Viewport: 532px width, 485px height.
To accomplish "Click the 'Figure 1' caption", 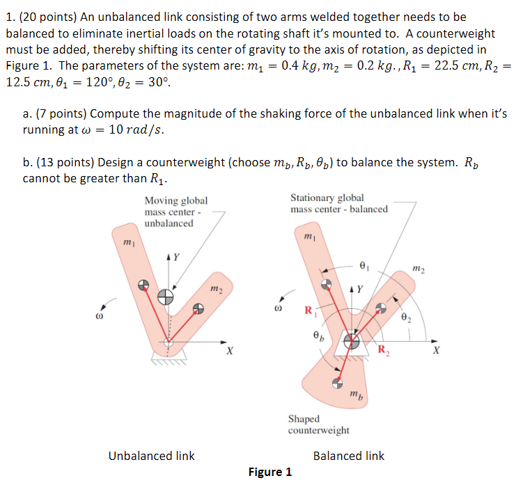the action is [269, 472].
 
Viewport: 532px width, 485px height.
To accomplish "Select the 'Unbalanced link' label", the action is [152, 456].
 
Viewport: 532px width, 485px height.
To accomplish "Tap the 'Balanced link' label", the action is [348, 456].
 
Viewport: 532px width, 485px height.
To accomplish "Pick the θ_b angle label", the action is [318, 337].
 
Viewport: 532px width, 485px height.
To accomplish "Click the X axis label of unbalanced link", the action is [229, 351].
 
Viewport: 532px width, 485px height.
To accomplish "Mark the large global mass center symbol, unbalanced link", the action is [166, 297].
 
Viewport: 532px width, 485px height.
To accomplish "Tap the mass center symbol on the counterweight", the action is [337, 382].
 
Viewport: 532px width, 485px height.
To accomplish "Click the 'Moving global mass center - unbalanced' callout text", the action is [175, 212].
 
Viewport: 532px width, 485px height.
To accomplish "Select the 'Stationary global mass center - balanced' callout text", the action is [338, 203].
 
